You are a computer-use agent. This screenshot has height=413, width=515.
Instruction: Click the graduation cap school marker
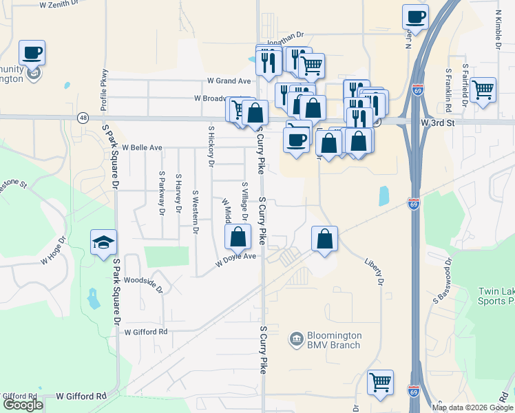(104, 242)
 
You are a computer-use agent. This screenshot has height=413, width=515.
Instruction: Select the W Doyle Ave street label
(235, 260)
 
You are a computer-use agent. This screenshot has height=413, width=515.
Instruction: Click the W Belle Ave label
(142, 147)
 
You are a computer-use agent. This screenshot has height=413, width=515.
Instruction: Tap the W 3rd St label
(439, 122)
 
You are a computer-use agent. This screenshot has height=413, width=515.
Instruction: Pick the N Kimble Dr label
(498, 22)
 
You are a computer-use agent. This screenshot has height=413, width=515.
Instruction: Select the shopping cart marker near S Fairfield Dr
(483, 89)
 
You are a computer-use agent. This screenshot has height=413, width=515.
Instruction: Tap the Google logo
(23, 404)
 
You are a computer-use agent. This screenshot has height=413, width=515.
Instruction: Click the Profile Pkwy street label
(105, 90)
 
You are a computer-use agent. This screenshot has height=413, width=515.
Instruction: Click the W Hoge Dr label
(53, 252)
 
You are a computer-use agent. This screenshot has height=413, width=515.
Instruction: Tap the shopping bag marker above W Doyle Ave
(238, 237)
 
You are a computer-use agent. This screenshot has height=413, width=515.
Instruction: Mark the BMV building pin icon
(296, 339)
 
